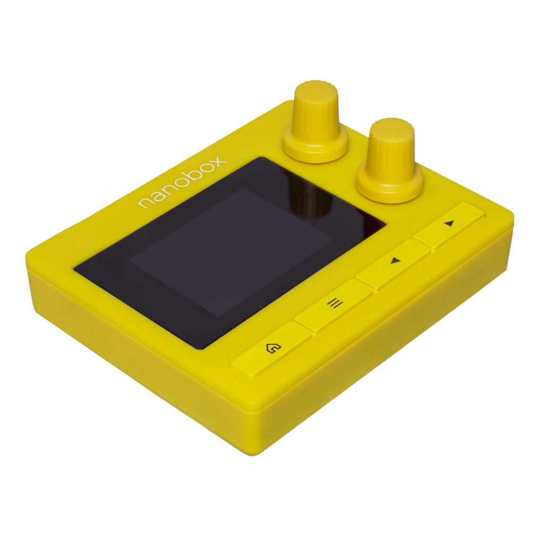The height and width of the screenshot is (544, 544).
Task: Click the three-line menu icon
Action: (x=335, y=303)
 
